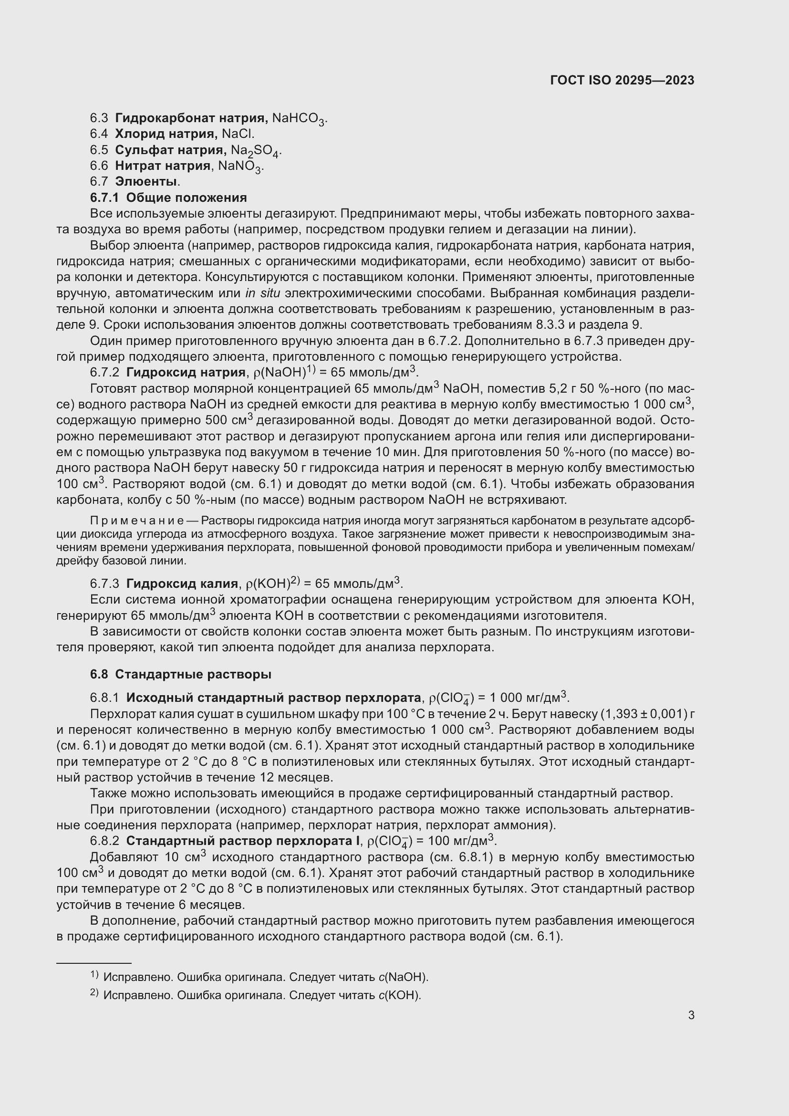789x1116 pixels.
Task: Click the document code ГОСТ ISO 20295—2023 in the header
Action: (622, 80)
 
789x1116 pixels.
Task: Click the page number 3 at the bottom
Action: (691, 1015)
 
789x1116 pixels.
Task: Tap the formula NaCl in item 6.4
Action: (238, 134)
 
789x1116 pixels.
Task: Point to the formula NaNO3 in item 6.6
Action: (240, 167)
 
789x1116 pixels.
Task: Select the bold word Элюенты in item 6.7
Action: (146, 182)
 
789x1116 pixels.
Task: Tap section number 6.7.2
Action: (104, 373)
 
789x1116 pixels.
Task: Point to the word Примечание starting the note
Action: (137, 521)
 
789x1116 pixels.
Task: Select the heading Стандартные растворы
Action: (193, 675)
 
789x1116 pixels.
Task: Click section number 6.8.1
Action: (104, 698)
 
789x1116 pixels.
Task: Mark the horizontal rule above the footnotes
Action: (94, 963)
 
